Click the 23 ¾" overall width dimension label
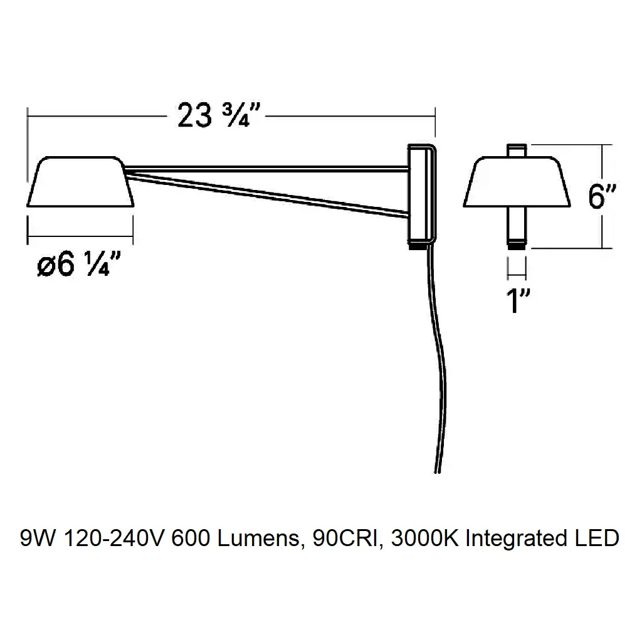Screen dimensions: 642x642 (219, 115)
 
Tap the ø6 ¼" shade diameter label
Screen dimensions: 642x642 (78, 264)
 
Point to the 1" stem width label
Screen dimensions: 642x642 (517, 300)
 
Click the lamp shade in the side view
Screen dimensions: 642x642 (80, 181)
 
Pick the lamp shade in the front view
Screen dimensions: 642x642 (517, 181)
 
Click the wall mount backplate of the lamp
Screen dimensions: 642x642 (422, 196)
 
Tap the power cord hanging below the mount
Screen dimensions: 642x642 (437, 360)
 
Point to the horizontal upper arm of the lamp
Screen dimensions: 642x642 (266, 168)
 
